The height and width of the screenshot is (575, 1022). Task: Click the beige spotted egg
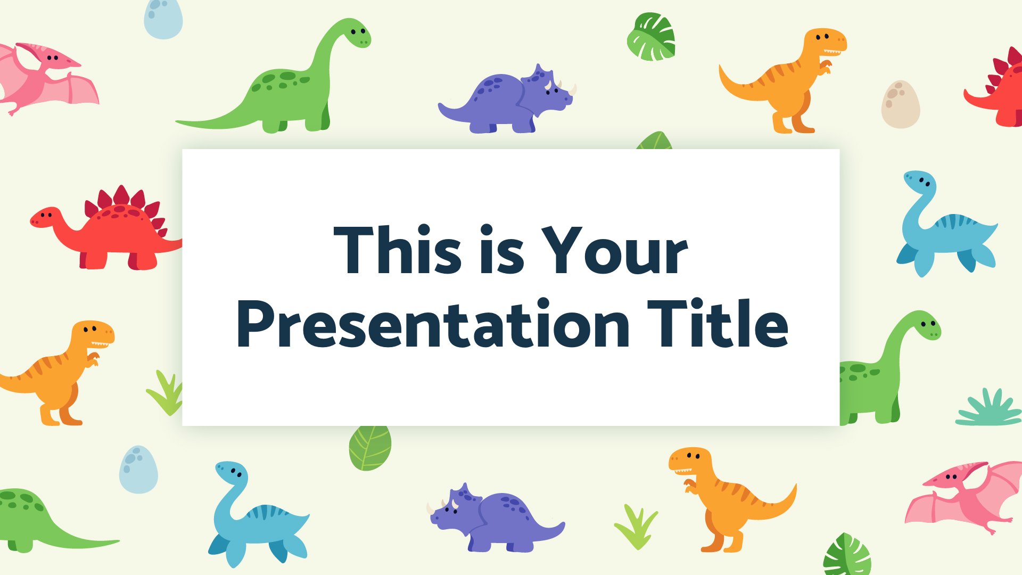click(x=900, y=104)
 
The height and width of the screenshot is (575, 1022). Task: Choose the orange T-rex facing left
click(x=732, y=498)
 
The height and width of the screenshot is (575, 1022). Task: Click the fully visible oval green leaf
click(x=370, y=447)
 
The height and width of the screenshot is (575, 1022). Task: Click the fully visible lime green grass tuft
click(x=636, y=527)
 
